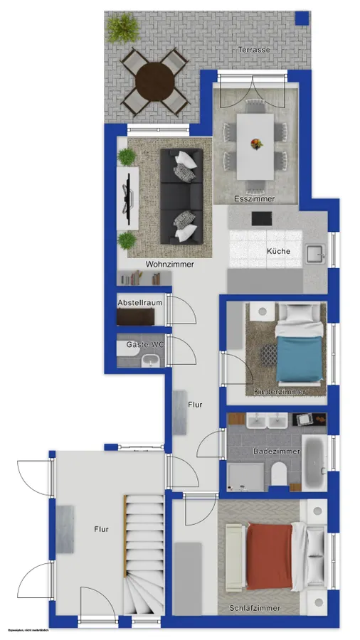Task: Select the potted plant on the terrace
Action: [124, 28]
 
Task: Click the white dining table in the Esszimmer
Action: [255, 146]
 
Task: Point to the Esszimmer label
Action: [255, 199]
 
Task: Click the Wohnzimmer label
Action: [169, 264]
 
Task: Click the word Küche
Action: [278, 251]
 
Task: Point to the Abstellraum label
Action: [140, 302]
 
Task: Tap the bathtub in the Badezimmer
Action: [314, 463]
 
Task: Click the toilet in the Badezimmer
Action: [277, 472]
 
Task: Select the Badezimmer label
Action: [277, 452]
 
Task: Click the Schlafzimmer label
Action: [254, 609]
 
